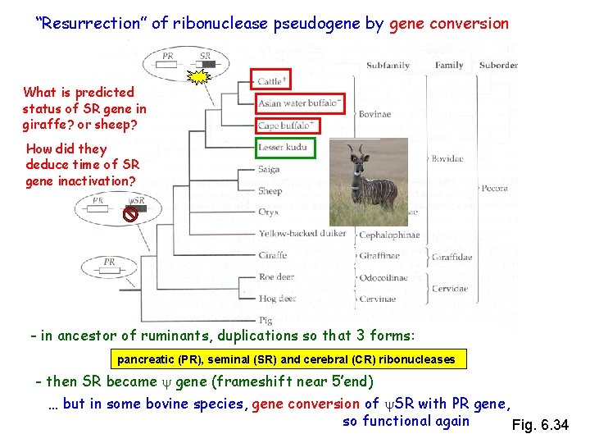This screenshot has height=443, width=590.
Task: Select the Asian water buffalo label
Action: (x=299, y=104)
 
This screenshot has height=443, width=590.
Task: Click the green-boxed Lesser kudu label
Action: (x=284, y=148)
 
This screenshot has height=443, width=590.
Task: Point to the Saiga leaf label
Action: (x=269, y=169)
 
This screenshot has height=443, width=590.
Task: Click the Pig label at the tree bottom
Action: (x=265, y=320)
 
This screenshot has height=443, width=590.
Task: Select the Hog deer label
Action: (x=276, y=299)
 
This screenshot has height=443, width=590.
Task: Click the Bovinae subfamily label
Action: (x=374, y=115)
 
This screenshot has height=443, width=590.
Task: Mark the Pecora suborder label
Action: (x=494, y=188)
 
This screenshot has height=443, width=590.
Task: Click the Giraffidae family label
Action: (x=452, y=256)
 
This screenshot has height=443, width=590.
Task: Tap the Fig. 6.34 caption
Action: (x=539, y=425)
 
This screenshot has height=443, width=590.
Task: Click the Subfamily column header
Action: (x=388, y=65)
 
